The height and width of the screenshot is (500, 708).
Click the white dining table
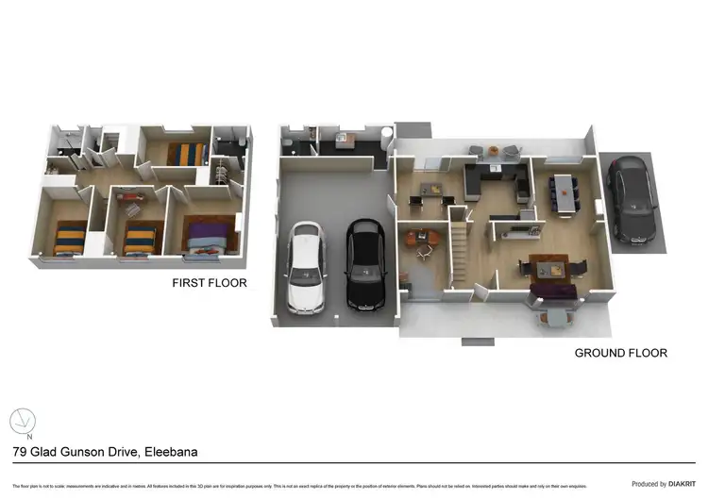(565, 191)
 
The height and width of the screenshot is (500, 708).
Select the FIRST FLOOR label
(209, 282)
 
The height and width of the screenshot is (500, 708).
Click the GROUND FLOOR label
(621, 353)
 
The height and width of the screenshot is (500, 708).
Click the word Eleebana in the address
(170, 452)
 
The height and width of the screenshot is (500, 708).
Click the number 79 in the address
(19, 452)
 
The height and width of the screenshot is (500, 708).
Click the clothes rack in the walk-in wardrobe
(222, 175)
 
